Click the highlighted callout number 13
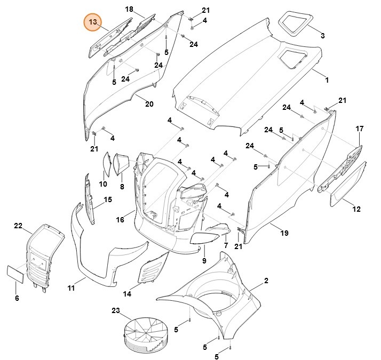(x=93, y=22)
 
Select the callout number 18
(x=129, y=10)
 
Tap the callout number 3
(x=322, y=36)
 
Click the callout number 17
(x=360, y=129)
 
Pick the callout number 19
(x=284, y=234)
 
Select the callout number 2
(x=266, y=281)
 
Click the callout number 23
(x=116, y=310)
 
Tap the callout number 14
(x=127, y=294)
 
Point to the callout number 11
(x=71, y=288)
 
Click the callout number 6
(x=17, y=298)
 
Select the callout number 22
(x=18, y=226)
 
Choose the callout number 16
(x=120, y=219)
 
